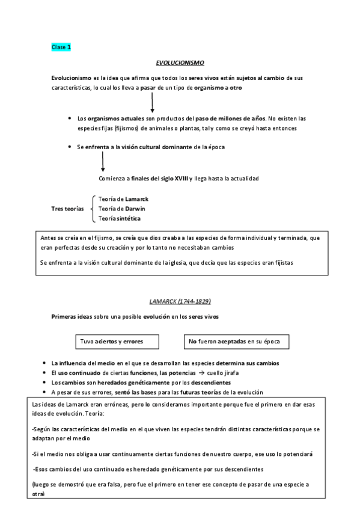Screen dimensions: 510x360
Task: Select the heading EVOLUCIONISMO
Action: [180, 62]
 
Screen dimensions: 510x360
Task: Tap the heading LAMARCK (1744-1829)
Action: [180, 301]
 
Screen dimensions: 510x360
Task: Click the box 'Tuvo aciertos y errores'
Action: [117, 342]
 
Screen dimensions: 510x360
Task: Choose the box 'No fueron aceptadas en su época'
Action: [236, 342]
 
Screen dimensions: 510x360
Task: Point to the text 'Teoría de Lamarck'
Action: [123, 199]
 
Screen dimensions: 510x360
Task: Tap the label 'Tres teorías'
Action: [68, 208]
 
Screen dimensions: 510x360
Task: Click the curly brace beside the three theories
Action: [91, 208]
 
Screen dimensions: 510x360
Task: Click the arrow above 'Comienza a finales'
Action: [103, 162]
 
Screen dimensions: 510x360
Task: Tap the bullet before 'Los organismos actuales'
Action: [71, 118]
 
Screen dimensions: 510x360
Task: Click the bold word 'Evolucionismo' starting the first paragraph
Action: [72, 78]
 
